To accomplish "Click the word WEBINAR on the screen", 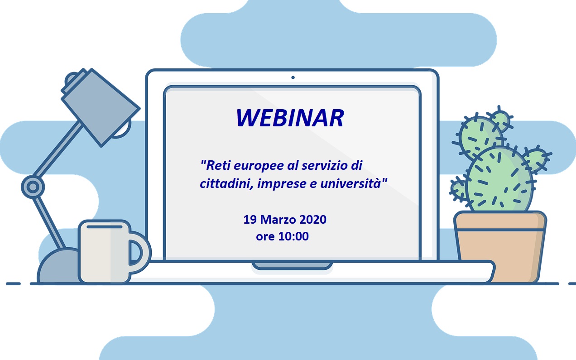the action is point(290,118).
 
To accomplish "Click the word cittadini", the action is point(225,183).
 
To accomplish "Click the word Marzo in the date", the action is point(278,220).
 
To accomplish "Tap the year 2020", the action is point(313,220).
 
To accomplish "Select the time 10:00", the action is point(293,236).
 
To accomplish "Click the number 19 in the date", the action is point(250,220).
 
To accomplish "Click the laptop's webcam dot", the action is point(293,77).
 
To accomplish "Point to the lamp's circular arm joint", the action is point(33,187).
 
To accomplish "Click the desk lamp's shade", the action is point(100,107).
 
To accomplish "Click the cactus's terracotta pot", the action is point(500,247).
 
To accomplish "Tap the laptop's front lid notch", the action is point(292,265).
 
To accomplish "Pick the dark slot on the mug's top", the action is point(105,227).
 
